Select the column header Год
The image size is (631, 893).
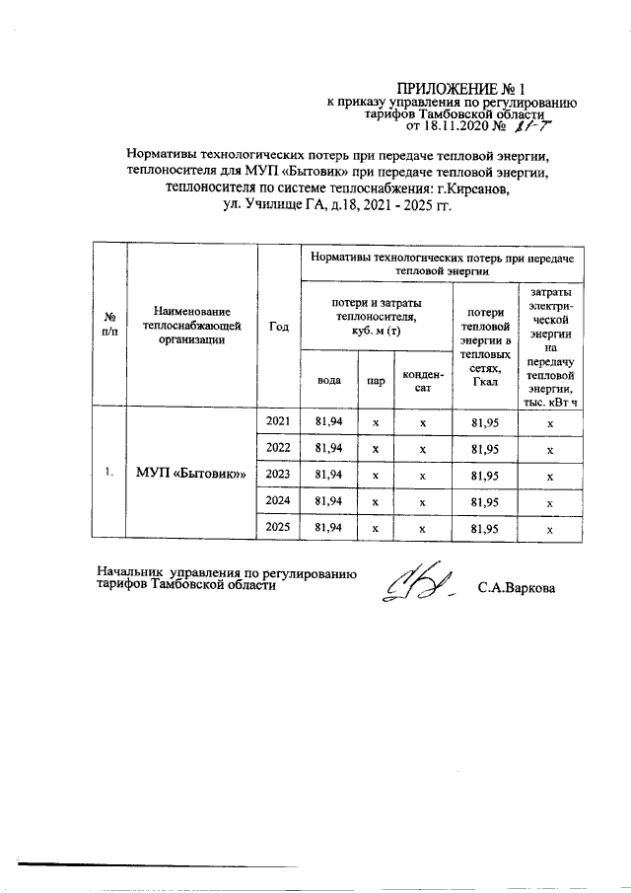tap(278, 327)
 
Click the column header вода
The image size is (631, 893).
tap(328, 379)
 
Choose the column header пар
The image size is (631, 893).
tap(375, 379)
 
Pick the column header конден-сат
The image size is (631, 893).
tap(422, 380)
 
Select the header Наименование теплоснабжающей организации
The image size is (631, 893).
tap(191, 326)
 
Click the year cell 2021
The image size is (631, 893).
tap(278, 422)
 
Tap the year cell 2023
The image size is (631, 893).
tap(278, 475)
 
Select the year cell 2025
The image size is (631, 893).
tap(278, 528)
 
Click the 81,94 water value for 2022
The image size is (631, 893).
tap(328, 449)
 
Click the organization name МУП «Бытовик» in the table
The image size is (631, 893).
tap(191, 475)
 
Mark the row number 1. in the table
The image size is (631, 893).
tap(108, 475)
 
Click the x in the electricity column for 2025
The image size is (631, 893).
tap(550, 529)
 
